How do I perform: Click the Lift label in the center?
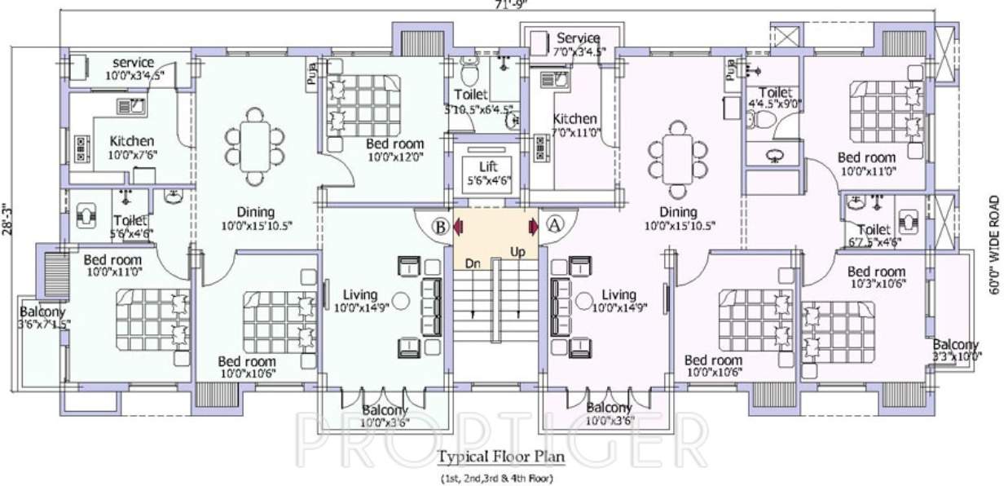[x=486, y=166]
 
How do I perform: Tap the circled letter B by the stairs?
[x=439, y=226]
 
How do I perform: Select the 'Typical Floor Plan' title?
[x=497, y=456]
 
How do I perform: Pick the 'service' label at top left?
[x=133, y=63]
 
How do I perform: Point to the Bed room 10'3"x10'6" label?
[x=875, y=277]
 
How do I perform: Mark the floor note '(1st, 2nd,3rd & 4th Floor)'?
[x=496, y=478]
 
